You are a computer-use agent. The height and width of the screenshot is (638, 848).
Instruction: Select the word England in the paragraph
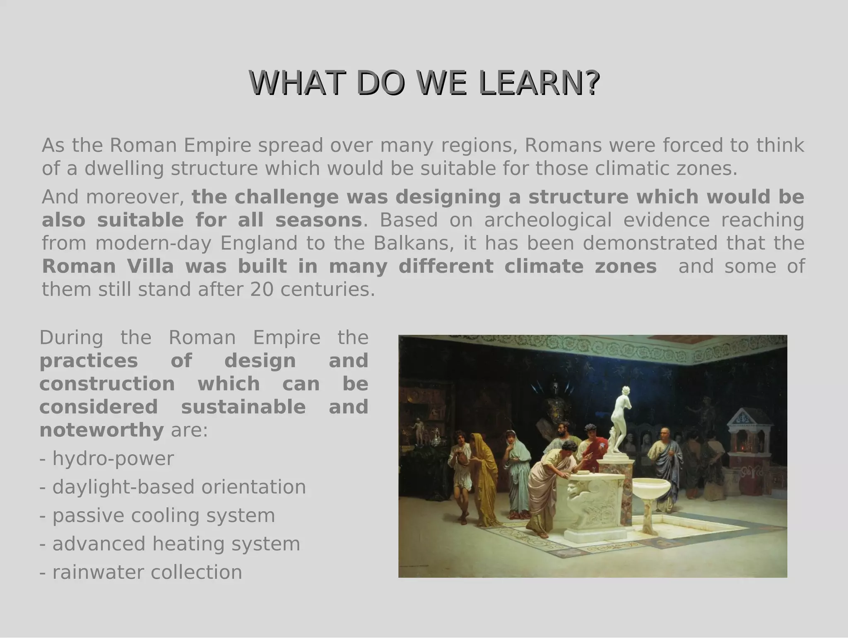pyautogui.click(x=258, y=243)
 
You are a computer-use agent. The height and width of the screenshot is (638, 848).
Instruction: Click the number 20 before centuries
pyautogui.click(x=262, y=290)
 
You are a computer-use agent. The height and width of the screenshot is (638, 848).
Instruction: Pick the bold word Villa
pyautogui.click(x=150, y=267)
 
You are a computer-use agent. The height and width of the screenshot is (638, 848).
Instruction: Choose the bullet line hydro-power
pyautogui.click(x=107, y=458)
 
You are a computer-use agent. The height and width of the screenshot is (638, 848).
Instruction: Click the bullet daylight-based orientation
pyautogui.click(x=173, y=487)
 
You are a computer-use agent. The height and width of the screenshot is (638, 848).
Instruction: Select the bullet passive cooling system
pyautogui.click(x=157, y=516)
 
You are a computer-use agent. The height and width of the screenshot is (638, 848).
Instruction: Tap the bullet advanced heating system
pyautogui.click(x=170, y=544)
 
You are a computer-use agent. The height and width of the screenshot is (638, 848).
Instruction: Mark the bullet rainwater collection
pyautogui.click(x=141, y=573)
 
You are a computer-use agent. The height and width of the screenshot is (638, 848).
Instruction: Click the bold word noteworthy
pyautogui.click(x=101, y=430)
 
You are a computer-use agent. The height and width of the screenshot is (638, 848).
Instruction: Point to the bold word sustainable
pyautogui.click(x=243, y=407)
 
